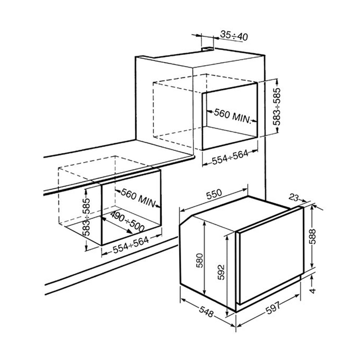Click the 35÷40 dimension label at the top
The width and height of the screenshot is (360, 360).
pos(234,36)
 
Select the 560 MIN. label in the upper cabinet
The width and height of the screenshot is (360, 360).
pos(232,116)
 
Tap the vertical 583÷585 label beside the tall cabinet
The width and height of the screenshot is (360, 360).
pos(276,106)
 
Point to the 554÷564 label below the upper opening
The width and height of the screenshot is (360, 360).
pos(230,157)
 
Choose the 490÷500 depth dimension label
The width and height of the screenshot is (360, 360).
pos(127,221)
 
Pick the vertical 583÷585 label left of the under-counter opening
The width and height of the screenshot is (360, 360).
pos(86,217)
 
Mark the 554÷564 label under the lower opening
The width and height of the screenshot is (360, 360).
pos(131,245)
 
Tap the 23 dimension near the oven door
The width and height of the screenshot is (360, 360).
pos(294,197)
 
